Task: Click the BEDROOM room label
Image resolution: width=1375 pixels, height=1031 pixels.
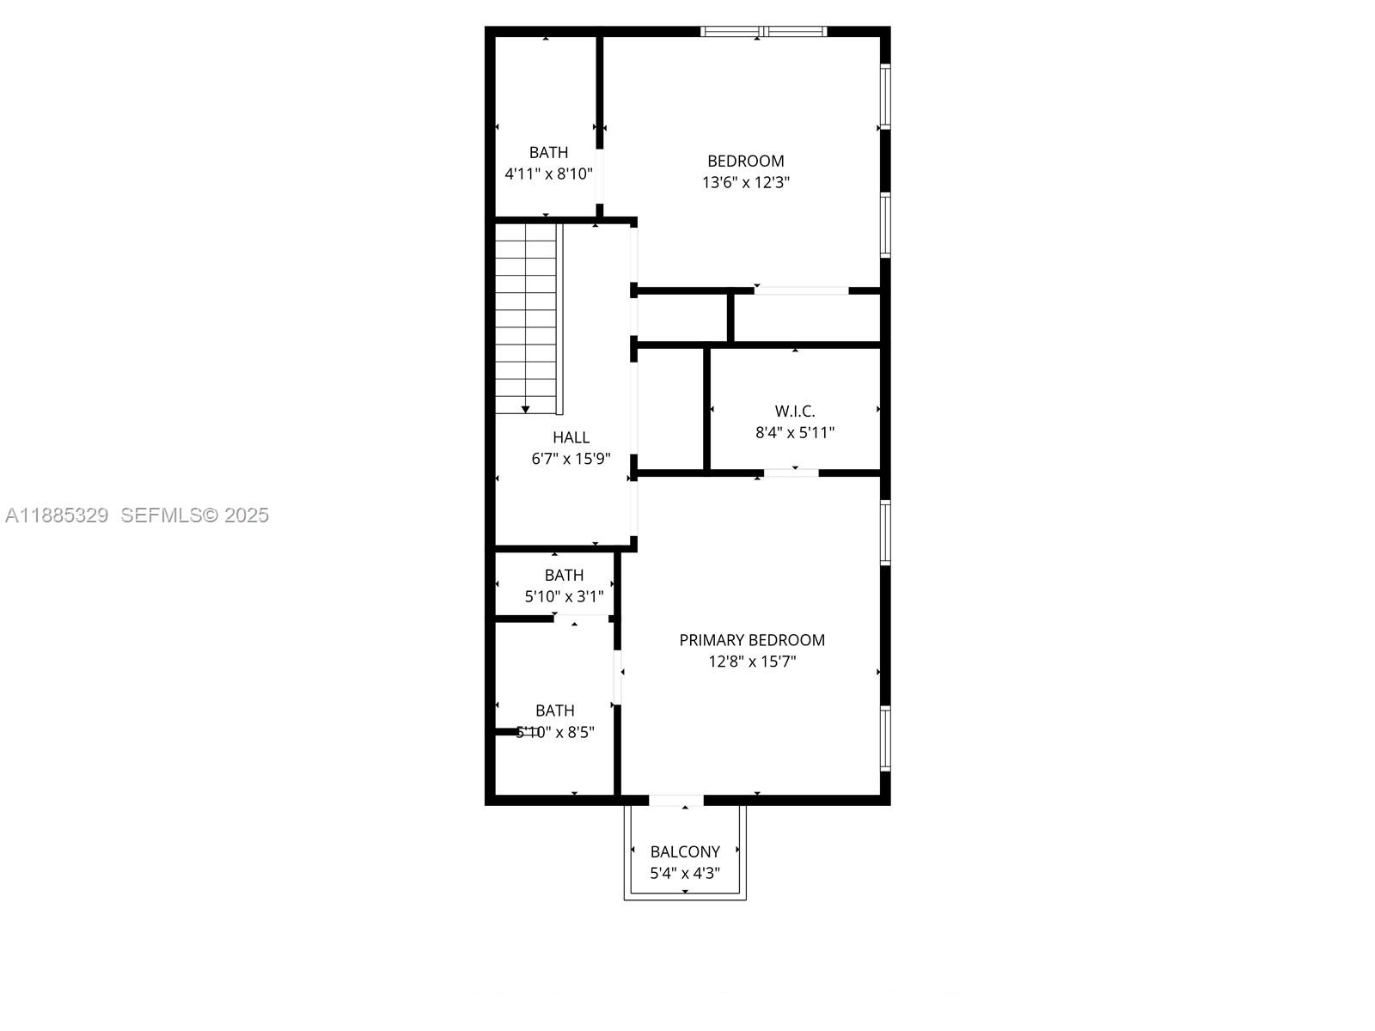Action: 745,161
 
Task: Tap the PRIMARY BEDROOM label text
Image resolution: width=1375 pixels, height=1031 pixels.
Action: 752,640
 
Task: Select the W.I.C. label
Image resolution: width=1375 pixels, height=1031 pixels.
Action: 795,412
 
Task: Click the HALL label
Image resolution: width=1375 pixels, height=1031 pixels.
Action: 571,437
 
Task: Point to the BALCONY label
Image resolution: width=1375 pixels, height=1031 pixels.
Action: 685,851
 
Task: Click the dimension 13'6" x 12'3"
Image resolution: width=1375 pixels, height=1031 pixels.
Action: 745,182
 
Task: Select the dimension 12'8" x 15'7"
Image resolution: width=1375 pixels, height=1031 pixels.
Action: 752,662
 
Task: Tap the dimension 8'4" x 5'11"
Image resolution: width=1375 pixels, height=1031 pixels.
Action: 795,433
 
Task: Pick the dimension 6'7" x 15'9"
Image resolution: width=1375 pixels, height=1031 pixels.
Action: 571,459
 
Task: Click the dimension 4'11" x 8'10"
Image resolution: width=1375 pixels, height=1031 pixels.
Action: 548,174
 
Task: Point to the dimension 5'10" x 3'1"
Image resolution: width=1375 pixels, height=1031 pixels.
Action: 564,596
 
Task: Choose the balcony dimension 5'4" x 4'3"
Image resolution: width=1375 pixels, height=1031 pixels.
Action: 685,873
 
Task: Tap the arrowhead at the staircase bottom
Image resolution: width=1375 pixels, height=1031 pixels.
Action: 526,409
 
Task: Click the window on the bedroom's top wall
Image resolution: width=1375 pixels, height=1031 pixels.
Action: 763,32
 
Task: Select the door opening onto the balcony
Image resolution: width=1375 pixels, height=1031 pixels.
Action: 675,801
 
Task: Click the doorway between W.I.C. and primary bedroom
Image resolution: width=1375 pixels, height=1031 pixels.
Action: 791,473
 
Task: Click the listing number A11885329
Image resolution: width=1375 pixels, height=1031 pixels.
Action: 57,515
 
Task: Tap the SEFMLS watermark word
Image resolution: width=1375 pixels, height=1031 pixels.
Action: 161,515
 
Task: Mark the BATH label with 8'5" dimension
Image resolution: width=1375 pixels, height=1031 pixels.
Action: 555,711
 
